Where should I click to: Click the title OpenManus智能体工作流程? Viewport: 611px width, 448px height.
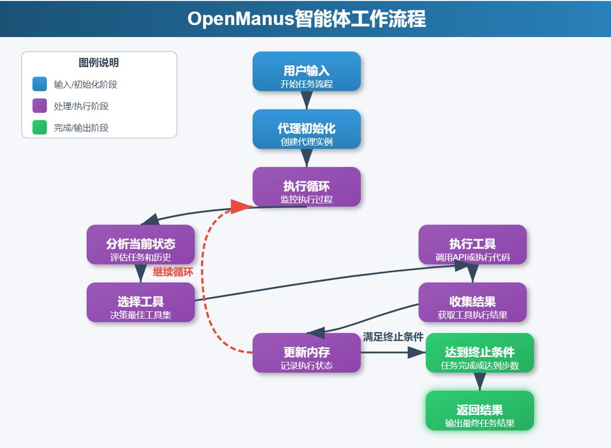[306, 18]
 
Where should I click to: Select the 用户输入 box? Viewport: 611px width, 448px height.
[306, 71]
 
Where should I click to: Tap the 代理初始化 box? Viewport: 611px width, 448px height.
[306, 129]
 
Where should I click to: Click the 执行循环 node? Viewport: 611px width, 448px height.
[306, 186]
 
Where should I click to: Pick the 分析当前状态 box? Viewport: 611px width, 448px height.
[141, 245]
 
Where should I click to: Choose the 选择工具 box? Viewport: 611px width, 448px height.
[141, 302]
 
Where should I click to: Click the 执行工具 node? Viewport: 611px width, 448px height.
[472, 245]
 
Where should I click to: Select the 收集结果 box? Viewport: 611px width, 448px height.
[472, 302]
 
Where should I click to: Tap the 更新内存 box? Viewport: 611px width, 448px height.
[306, 353]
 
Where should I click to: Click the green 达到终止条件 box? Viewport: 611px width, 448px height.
[479, 353]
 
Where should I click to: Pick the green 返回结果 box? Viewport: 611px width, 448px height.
[479, 410]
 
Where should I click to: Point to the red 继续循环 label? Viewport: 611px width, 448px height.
[173, 273]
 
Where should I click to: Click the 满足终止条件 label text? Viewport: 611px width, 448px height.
[393, 337]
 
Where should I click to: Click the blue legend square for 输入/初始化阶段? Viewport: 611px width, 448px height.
[40, 84]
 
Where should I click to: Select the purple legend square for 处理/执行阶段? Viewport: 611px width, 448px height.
[40, 106]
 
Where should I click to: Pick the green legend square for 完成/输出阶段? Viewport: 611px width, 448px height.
[40, 128]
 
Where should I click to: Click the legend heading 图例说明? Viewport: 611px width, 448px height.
[99, 63]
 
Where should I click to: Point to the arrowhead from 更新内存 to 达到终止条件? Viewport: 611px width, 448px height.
[417, 353]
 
